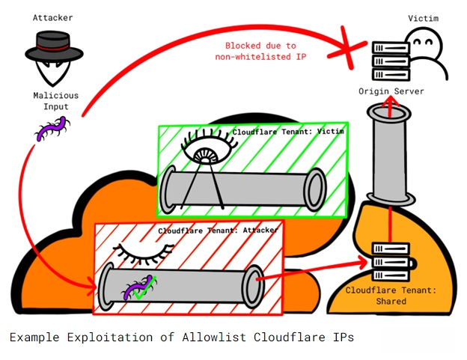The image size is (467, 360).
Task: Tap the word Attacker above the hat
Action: (52, 16)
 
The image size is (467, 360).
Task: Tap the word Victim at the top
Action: (423, 17)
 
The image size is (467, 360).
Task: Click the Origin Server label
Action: (392, 91)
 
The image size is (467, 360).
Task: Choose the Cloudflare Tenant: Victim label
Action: (289, 132)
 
